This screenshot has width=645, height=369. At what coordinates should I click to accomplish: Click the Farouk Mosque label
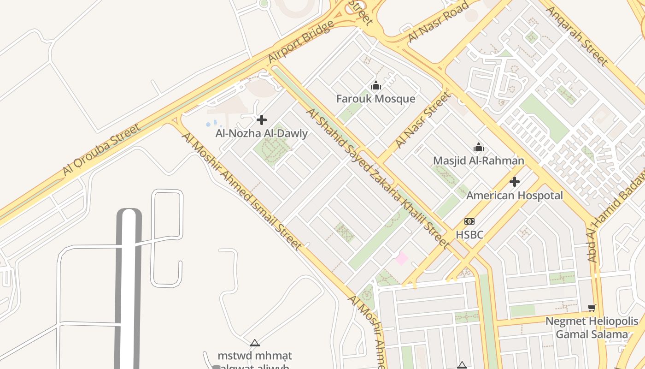pos(375,99)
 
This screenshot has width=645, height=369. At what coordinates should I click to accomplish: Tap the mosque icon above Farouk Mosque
pos(376,85)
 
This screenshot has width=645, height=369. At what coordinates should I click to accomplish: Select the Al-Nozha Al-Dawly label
pos(262,133)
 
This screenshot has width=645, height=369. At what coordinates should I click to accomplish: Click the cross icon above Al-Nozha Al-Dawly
pos(262,120)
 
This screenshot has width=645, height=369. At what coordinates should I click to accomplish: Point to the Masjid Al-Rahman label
pos(479,161)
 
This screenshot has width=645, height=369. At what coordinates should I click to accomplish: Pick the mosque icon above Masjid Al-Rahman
pos(479,147)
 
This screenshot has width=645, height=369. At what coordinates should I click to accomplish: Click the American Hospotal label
pos(515,195)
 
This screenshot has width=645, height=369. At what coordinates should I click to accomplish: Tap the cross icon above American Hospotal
pos(515,182)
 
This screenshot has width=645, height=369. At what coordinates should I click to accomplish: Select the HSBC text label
pos(469,235)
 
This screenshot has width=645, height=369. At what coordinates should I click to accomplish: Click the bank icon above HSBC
pos(469,221)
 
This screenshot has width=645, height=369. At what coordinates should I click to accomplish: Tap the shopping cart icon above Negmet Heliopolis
pos(592,308)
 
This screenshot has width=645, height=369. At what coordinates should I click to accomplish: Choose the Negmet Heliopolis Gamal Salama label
pos(592,327)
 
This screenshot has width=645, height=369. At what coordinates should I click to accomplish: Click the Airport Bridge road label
pos(301,42)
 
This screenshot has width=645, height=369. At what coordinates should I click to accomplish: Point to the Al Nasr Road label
pos(438,22)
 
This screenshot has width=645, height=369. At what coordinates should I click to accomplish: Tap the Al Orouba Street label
pos(102,149)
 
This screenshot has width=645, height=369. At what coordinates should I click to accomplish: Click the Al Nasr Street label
pos(422,120)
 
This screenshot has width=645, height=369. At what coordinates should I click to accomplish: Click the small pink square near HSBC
pos(401,258)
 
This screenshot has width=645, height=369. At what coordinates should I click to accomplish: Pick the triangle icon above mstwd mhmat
pos(255,343)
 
